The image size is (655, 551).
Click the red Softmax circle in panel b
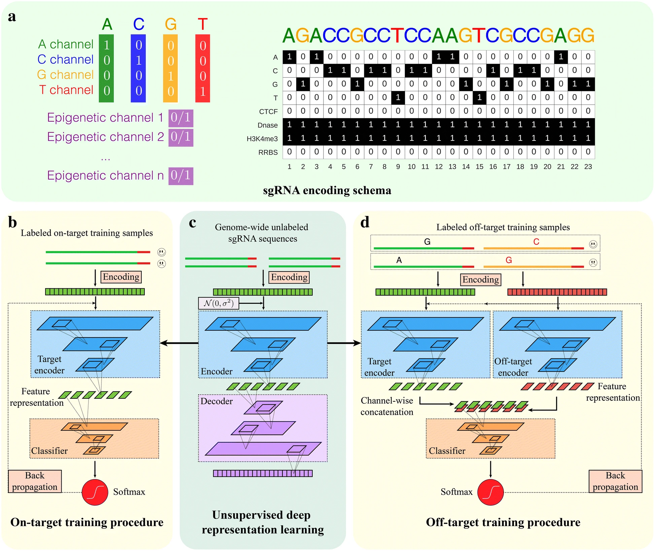point(95,492)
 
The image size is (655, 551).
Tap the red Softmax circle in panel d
point(490,492)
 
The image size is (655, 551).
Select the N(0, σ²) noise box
point(218,303)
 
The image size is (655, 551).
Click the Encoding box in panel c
point(289,277)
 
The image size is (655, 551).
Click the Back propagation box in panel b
point(35,481)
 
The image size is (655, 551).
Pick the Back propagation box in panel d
point(615,481)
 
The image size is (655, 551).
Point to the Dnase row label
point(268,125)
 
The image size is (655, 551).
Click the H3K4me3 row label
point(262,139)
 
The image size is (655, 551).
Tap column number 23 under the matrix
point(588,167)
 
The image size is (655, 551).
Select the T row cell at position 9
point(398,98)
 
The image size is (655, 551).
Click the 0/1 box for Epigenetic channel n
point(181,176)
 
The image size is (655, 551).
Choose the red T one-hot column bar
point(203,68)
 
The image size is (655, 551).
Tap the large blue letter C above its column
point(139,24)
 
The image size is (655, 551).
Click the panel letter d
point(365,222)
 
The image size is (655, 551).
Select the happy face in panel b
point(162,252)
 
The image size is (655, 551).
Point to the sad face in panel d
point(593,262)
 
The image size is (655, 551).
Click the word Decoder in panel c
point(216,401)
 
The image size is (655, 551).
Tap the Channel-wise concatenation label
point(387,406)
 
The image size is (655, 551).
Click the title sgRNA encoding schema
point(327,190)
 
